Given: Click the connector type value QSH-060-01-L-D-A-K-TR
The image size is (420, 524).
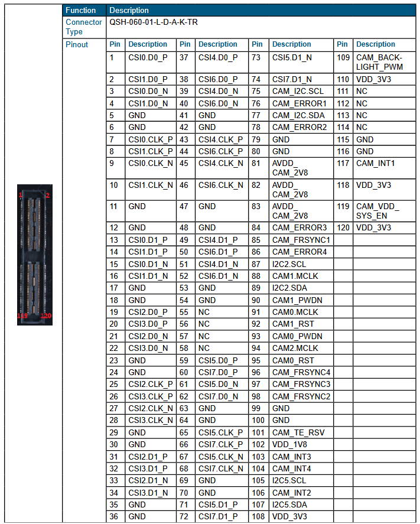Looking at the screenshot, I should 154,22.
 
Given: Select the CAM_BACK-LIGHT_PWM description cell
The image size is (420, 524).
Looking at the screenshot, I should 378,62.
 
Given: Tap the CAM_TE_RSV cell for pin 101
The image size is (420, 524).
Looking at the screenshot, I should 298,432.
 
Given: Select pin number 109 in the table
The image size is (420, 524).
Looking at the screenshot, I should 343,57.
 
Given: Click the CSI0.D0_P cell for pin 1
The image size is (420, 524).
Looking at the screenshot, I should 148,57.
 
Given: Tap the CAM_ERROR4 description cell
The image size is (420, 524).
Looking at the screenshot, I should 299,252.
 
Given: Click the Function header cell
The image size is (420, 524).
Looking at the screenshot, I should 81,10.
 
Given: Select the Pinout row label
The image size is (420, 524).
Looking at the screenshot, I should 77,44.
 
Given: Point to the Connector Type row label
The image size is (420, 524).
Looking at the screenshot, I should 83,27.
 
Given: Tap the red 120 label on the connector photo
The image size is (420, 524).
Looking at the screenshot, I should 47,316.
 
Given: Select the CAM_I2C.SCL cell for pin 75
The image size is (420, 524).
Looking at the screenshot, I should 298,91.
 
